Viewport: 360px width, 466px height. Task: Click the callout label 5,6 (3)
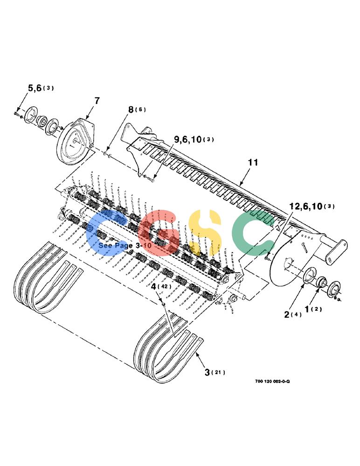click(41, 88)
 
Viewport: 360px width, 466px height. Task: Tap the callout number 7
click(97, 101)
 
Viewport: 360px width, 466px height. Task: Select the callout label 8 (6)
click(137, 110)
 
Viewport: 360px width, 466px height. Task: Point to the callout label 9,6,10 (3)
click(194, 139)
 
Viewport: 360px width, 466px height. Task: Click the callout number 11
click(253, 162)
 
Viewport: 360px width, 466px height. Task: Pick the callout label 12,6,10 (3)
click(312, 206)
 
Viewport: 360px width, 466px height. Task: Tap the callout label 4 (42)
click(161, 287)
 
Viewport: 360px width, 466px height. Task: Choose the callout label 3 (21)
click(215, 372)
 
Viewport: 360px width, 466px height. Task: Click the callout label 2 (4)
click(293, 315)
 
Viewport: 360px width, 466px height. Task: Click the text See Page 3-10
click(125, 246)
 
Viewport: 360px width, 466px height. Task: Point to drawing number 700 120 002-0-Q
click(272, 381)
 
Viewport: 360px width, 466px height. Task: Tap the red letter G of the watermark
click(159, 233)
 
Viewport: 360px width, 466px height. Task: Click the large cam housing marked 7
click(76, 142)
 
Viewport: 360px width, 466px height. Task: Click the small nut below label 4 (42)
click(163, 304)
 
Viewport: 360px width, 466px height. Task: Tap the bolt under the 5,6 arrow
click(16, 114)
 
